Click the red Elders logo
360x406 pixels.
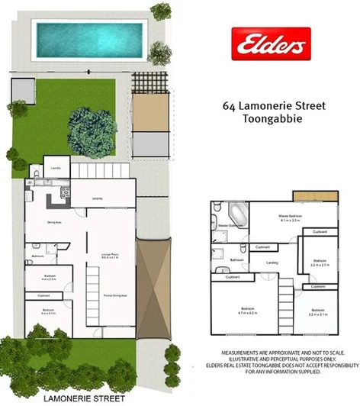pyautogui.click(x=271, y=44)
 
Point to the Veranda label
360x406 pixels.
pyautogui.click(x=98, y=200)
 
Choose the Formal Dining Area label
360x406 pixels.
pyautogui.click(x=114, y=295)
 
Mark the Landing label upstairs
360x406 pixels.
pyautogui.click(x=269, y=263)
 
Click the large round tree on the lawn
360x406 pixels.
pyautogui.click(x=92, y=130)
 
